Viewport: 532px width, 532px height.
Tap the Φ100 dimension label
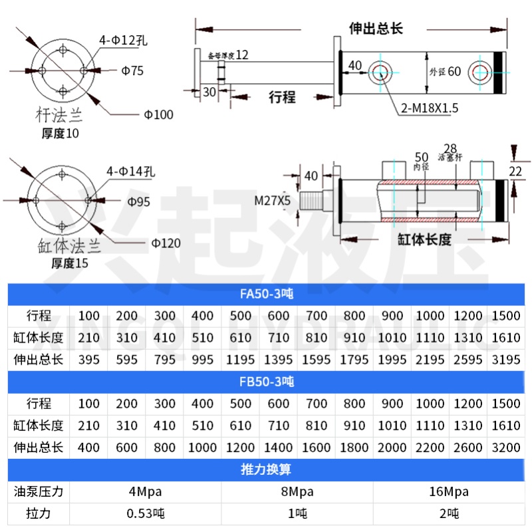click(158, 114)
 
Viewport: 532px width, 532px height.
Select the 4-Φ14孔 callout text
click(130, 172)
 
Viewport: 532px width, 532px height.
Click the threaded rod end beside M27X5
click(312, 200)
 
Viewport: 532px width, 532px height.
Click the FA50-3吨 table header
click(266, 294)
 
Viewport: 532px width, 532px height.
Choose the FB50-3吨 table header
click(266, 382)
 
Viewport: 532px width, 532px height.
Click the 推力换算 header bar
click(266, 469)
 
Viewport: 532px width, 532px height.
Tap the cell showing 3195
click(506, 360)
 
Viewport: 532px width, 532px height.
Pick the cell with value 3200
click(506, 448)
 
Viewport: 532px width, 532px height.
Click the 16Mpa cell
click(449, 491)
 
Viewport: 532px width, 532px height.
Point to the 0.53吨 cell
click(146, 513)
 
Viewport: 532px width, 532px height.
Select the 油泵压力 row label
click(39, 491)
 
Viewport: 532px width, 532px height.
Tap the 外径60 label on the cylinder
click(444, 71)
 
